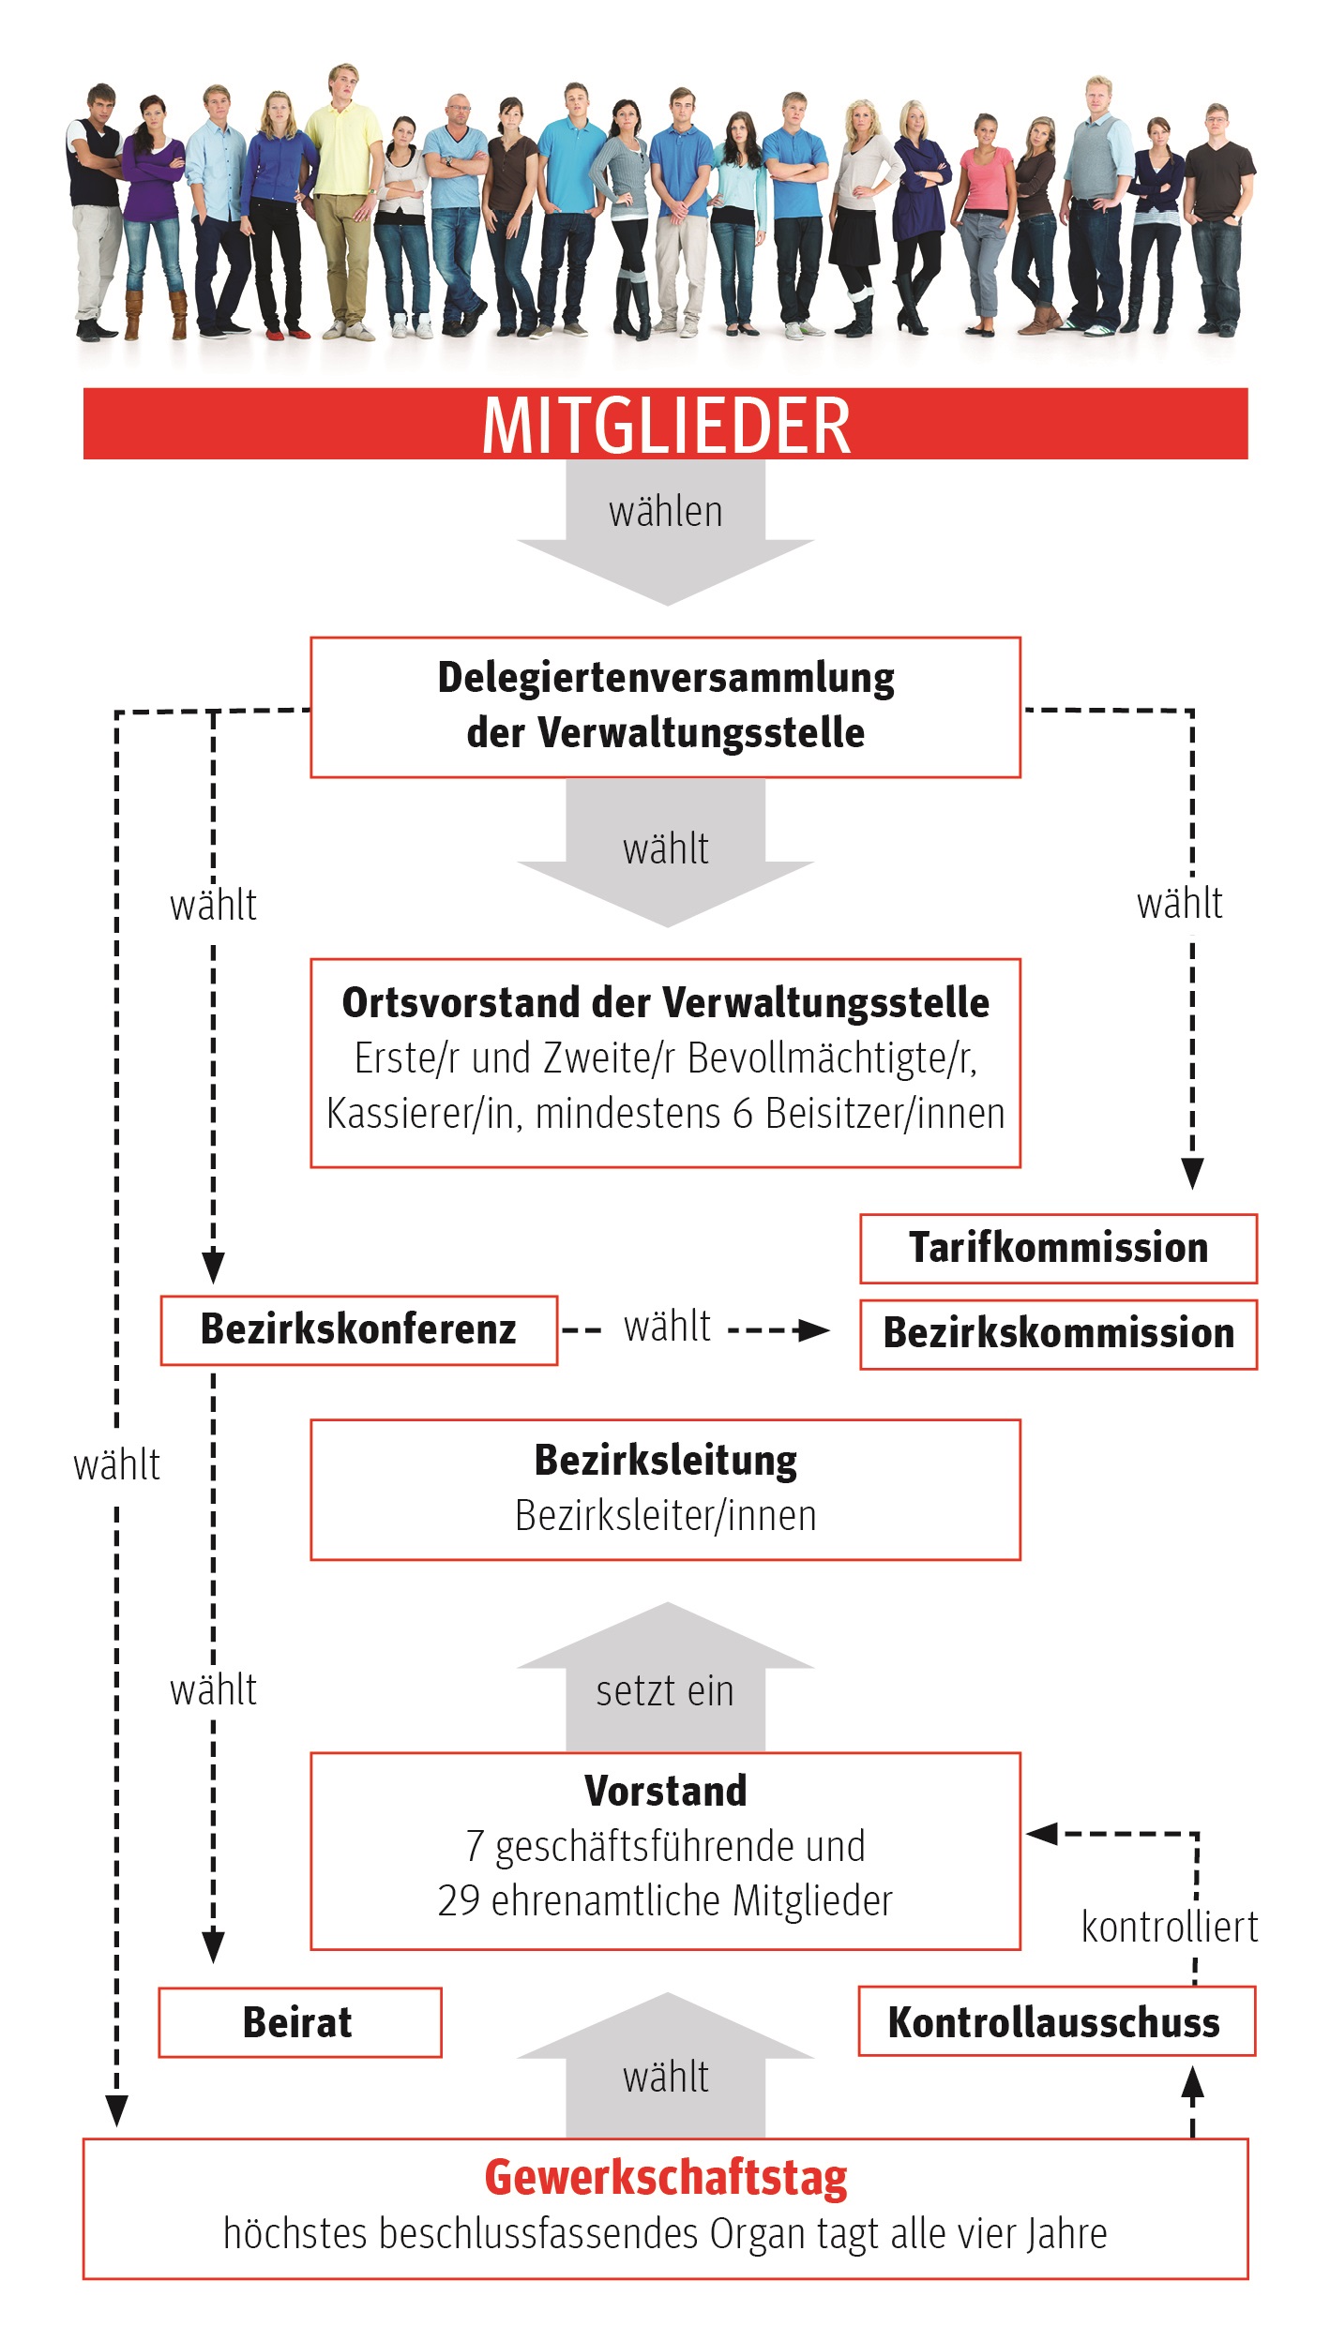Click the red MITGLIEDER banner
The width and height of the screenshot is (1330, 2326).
coord(665,424)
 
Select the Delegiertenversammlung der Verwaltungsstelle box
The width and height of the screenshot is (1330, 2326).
coord(665,707)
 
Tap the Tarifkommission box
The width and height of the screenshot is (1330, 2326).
coord(1058,1248)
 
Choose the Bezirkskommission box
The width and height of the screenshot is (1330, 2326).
coord(1058,1333)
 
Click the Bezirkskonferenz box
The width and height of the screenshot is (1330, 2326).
coord(358,1329)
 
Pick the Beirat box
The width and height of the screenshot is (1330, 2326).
coord(299,2022)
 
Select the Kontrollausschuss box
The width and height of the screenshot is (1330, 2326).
coord(1056,2021)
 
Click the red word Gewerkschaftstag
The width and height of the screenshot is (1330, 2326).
coord(665,2179)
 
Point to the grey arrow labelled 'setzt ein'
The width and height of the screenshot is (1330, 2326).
coord(665,1676)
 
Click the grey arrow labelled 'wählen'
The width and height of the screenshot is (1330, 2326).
coord(665,532)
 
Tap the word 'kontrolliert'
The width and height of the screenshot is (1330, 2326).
coord(1169,1928)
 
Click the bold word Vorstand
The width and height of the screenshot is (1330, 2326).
coord(665,1791)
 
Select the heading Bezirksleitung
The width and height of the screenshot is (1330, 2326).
coord(665,1460)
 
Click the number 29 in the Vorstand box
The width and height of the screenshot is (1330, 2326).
coord(459,1901)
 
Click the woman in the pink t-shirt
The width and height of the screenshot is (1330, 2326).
coord(982,225)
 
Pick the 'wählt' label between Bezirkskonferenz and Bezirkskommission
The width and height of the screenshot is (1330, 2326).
coord(667,1328)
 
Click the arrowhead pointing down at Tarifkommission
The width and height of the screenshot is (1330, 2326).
coord(1192,1174)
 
